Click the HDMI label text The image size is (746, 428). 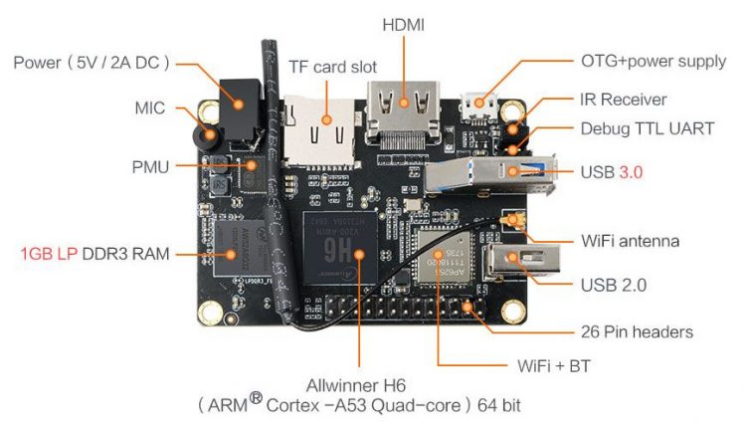[403, 23]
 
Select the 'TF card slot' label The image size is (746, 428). [332, 67]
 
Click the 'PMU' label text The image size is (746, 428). [151, 164]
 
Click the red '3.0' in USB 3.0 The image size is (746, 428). [631, 171]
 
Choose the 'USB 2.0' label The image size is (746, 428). [614, 285]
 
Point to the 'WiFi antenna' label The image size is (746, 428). [630, 241]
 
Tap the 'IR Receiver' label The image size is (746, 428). [623, 100]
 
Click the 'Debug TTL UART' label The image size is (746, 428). [647, 128]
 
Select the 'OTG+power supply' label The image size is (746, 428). [653, 61]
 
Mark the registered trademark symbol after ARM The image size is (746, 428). [255, 399]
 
